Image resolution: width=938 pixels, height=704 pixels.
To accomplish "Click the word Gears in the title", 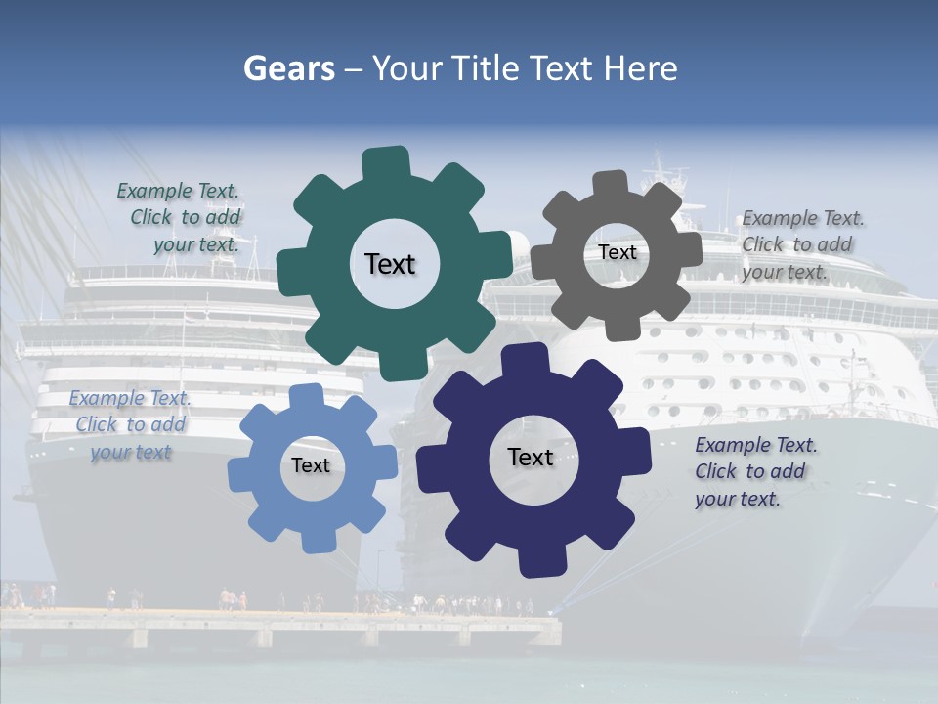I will tap(287, 69).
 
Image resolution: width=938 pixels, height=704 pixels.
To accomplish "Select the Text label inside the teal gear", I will tap(390, 264).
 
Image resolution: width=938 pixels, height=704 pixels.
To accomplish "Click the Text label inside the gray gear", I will tap(617, 252).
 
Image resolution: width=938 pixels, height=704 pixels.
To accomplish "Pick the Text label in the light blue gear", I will tap(311, 465).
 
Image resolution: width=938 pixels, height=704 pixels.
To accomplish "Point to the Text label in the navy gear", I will tap(531, 457).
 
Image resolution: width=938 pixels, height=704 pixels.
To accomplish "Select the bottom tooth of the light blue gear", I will tap(317, 539).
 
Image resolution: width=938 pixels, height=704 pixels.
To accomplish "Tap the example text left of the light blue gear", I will tap(130, 424).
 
